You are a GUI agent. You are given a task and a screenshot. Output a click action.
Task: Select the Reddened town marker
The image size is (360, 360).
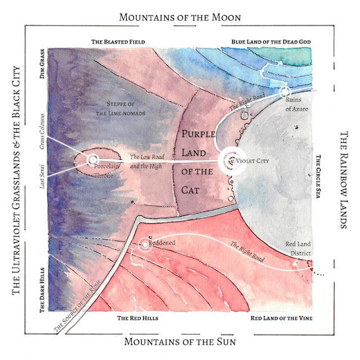click(x=146, y=245)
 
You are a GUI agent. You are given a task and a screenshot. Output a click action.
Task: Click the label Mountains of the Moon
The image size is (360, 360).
click(x=180, y=17)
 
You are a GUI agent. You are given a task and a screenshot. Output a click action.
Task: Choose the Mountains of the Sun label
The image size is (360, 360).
click(x=180, y=341)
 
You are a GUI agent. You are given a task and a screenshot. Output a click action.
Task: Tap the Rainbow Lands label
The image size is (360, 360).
click(x=344, y=180)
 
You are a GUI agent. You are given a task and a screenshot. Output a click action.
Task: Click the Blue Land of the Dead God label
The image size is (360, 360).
click(x=272, y=42)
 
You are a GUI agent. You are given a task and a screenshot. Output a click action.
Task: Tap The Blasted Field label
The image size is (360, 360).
click(x=118, y=42)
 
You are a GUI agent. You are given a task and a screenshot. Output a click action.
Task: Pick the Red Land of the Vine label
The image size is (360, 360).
click(x=281, y=318)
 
